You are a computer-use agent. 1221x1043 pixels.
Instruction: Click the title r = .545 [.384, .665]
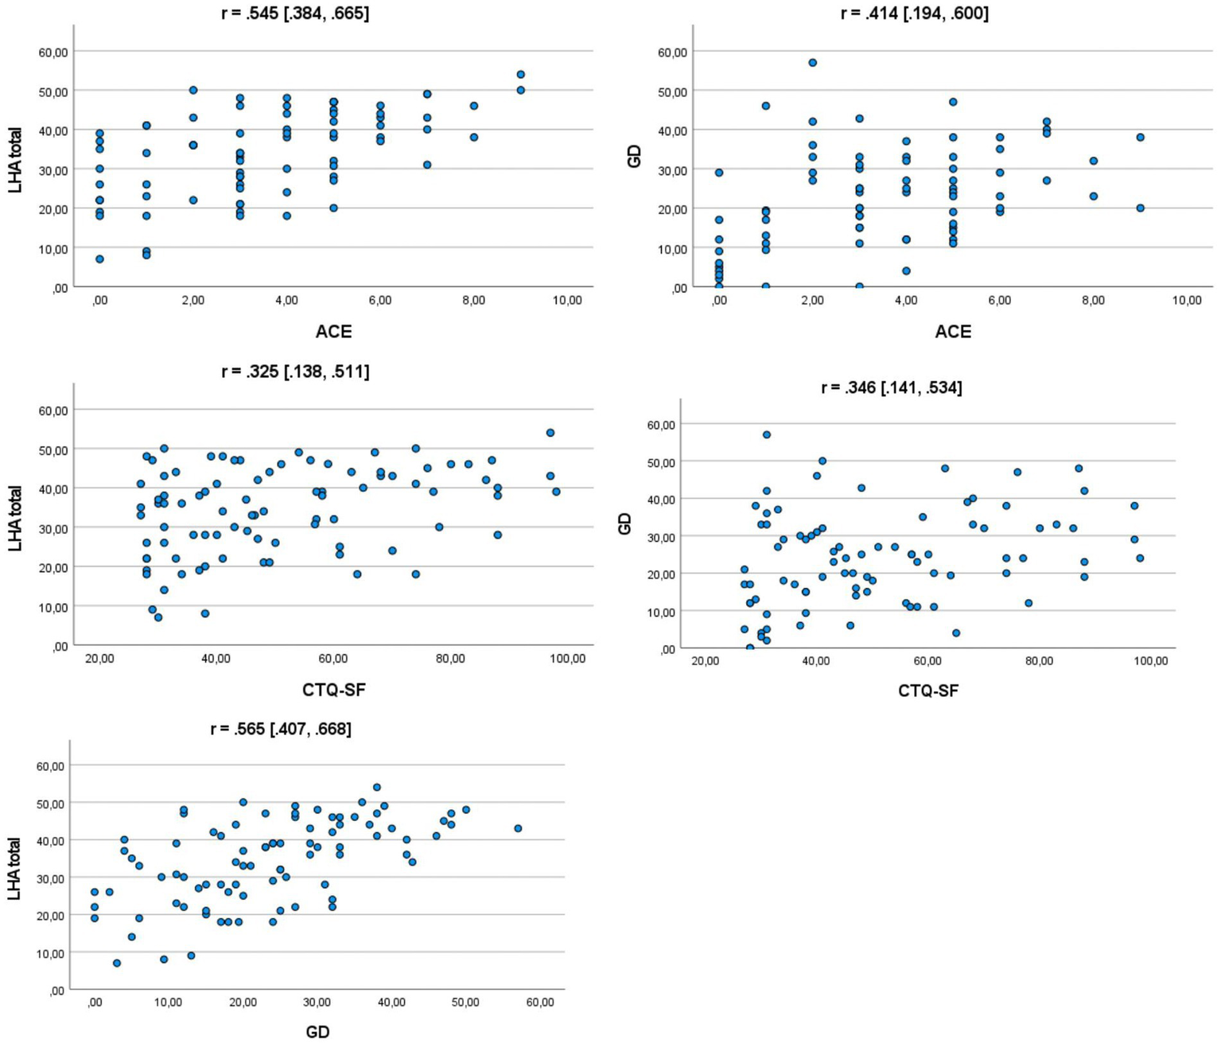pos(295,14)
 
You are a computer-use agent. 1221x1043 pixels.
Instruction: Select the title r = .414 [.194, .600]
pos(915,14)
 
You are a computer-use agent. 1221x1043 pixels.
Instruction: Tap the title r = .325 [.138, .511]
pos(295,372)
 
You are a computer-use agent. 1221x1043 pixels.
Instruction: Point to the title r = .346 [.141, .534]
pos(892,387)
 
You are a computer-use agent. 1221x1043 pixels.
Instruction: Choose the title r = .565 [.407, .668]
pos(281,729)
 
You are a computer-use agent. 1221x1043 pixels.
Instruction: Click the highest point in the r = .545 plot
pos(521,75)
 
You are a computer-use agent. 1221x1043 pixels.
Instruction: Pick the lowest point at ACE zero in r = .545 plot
pos(99,259)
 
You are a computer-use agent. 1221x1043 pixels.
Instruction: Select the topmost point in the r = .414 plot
pos(812,63)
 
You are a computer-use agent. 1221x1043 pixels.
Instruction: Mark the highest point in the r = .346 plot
pos(767,435)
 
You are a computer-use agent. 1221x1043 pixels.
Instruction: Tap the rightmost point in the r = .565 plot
pos(518,828)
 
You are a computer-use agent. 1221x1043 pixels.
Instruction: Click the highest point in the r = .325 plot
pos(550,433)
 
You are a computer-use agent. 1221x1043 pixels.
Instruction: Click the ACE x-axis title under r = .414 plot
pos(953,332)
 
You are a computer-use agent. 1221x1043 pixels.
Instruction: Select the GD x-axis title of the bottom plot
pos(317,1032)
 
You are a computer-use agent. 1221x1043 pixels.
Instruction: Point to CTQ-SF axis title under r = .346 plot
pos(928,691)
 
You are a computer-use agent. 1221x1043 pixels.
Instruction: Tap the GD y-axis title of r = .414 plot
pos(634,158)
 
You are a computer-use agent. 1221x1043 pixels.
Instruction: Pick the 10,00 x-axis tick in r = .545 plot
pos(567,301)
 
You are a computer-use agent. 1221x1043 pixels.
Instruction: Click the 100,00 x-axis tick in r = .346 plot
pos(1150,661)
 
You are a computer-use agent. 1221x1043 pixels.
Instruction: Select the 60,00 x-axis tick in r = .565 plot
pos(540,1002)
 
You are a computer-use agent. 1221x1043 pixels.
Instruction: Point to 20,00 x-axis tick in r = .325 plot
pos(99,659)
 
